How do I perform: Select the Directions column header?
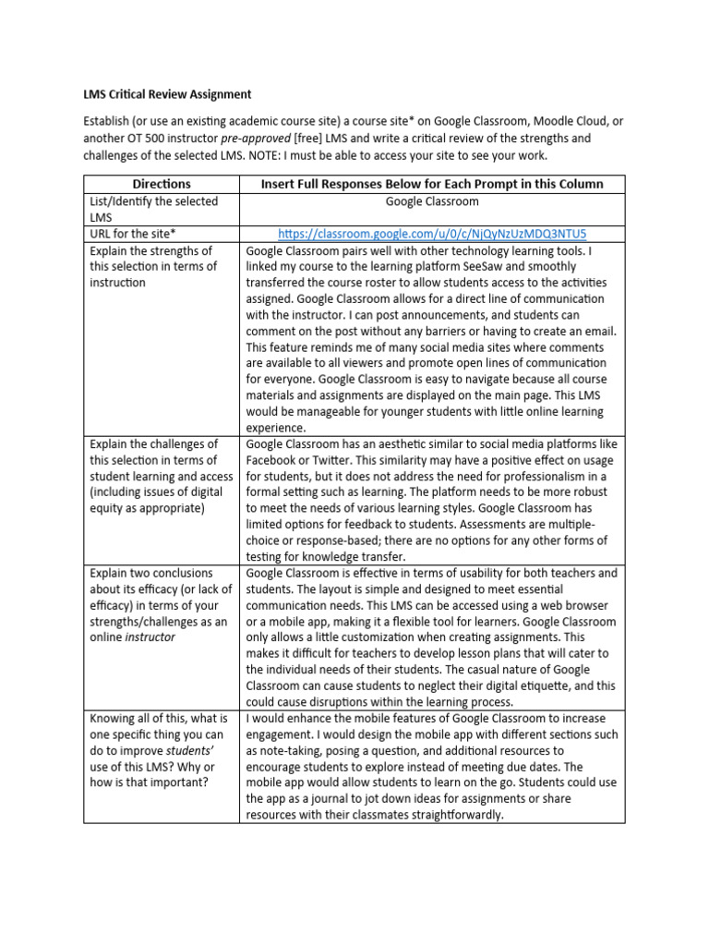(x=162, y=184)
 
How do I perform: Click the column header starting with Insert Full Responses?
(x=432, y=184)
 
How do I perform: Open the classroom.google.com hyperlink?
(x=432, y=233)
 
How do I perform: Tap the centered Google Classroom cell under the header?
(x=432, y=200)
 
